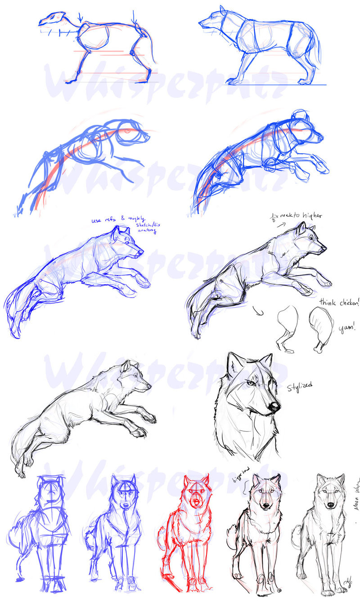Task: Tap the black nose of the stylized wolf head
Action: point(273,407)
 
